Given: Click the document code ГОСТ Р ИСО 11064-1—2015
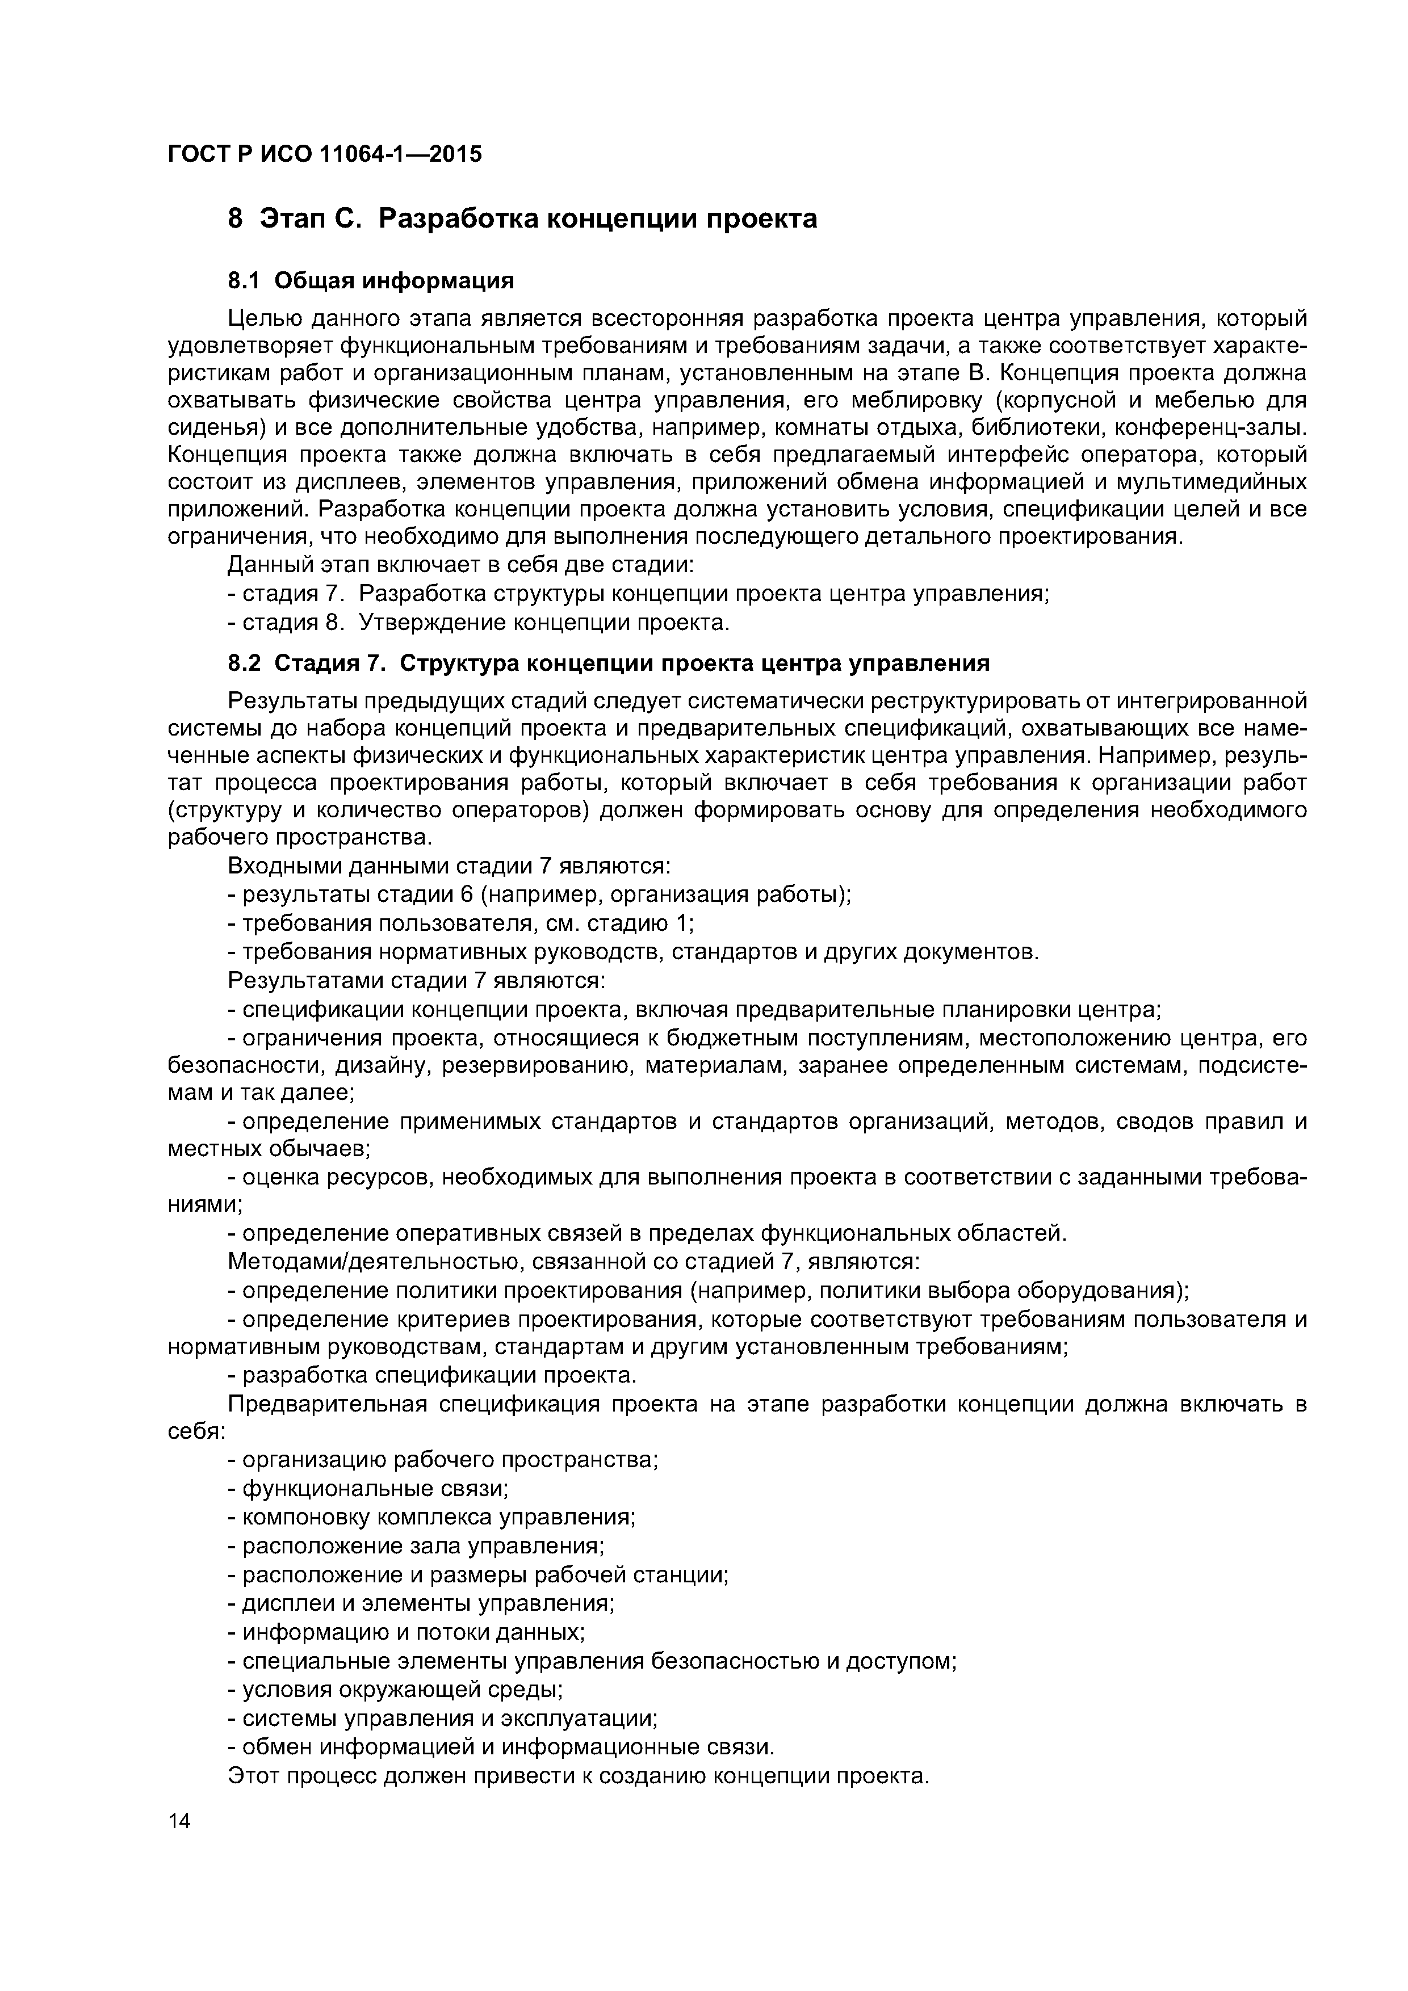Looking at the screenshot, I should [324, 154].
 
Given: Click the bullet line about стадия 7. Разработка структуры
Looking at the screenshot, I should [638, 594].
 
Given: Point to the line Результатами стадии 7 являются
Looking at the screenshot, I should [416, 981].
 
